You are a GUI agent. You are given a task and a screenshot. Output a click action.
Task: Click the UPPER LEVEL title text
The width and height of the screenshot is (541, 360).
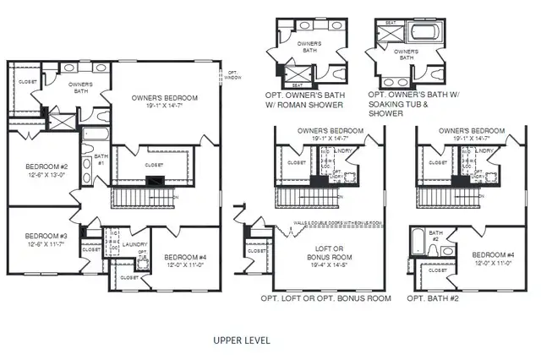click(x=241, y=340)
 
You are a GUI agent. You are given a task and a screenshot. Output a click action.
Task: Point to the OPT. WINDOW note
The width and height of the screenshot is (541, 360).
click(x=232, y=74)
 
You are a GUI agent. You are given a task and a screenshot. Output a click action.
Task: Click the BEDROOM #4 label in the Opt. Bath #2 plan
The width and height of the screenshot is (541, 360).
click(x=493, y=255)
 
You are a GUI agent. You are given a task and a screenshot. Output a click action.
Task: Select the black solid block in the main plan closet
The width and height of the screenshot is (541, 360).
click(x=155, y=179)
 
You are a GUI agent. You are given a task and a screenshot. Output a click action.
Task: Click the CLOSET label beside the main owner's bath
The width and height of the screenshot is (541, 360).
click(x=27, y=82)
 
